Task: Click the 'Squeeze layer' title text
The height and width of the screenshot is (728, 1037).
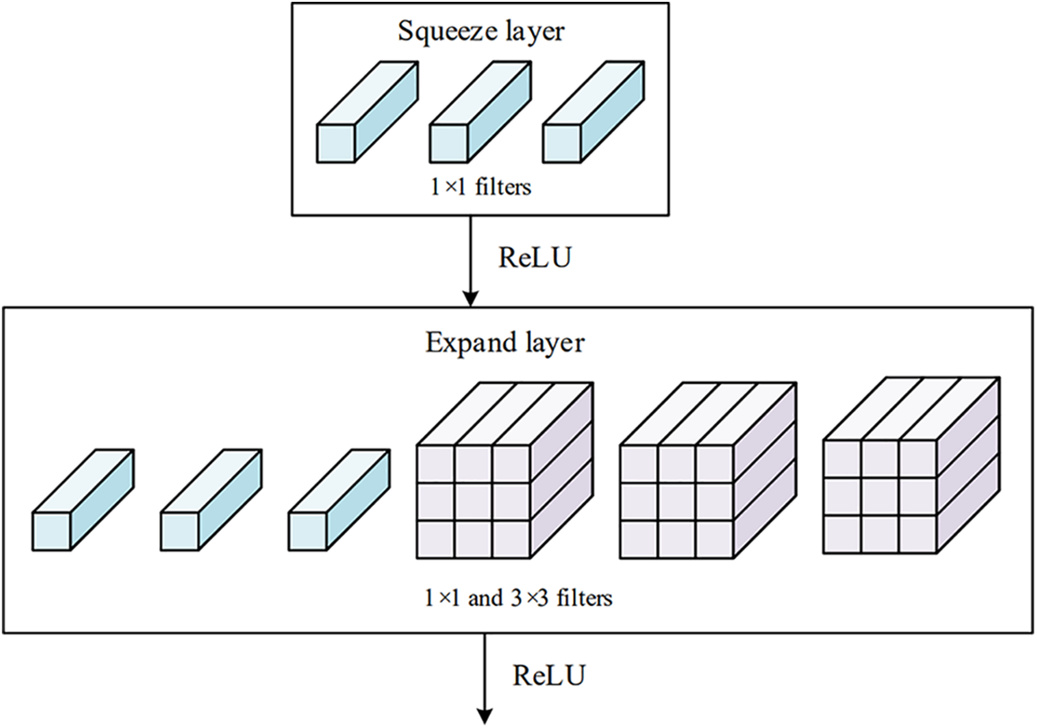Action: (x=481, y=33)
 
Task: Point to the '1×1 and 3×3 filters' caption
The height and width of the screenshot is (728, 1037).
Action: (x=519, y=596)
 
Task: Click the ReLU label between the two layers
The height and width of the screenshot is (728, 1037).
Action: (x=534, y=258)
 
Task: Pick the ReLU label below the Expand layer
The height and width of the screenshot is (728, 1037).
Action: (x=549, y=673)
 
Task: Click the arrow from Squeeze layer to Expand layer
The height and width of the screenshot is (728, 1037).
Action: (x=468, y=261)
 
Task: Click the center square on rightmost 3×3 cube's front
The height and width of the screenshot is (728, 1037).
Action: (x=881, y=493)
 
